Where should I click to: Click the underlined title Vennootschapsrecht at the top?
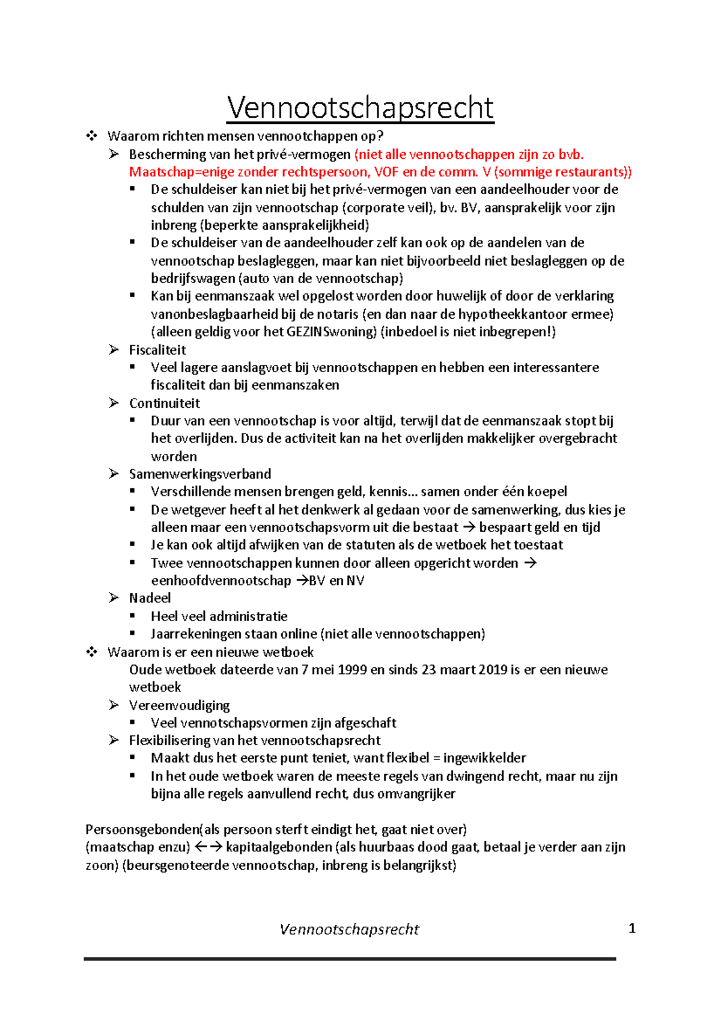pos(360,108)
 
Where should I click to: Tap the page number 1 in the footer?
pos(631,928)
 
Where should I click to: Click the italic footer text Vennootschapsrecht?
pos(349,930)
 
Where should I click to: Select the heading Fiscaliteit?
pos(157,350)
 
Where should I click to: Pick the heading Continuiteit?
pos(164,403)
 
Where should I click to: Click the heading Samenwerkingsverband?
pos(199,474)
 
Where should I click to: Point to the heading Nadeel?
pos(150,598)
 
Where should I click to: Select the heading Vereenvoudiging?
pos(179,705)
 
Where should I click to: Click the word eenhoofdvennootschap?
pos(221,581)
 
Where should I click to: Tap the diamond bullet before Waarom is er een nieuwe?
pos(91,652)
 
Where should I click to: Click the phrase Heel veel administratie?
pos(219,616)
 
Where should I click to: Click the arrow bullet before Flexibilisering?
pos(114,740)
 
